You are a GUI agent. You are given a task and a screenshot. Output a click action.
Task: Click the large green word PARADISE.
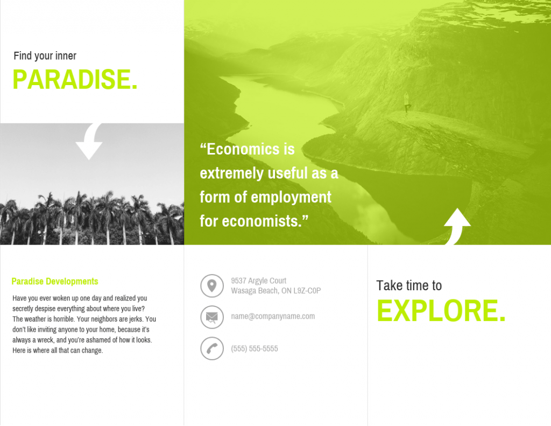click(x=75, y=79)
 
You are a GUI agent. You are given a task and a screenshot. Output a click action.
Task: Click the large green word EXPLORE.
click(x=441, y=311)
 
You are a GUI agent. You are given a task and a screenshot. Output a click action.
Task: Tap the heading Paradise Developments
click(x=55, y=282)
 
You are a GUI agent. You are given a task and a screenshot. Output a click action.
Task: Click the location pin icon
click(x=212, y=285)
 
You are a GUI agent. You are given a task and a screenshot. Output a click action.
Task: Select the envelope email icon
click(x=212, y=317)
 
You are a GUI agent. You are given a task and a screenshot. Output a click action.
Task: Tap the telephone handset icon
click(x=212, y=348)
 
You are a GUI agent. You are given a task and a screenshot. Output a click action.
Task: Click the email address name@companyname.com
click(x=273, y=316)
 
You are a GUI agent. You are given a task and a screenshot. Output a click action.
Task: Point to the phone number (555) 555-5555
click(x=255, y=348)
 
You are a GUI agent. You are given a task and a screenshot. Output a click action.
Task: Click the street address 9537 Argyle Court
click(x=259, y=281)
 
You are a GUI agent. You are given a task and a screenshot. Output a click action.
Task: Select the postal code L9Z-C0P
click(x=307, y=291)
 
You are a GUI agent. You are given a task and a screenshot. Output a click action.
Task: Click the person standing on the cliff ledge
click(x=407, y=103)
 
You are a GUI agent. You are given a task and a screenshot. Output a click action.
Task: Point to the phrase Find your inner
click(x=45, y=55)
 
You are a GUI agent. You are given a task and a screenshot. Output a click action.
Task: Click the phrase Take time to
click(x=409, y=285)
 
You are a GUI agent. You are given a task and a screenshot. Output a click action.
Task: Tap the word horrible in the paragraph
click(x=64, y=319)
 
